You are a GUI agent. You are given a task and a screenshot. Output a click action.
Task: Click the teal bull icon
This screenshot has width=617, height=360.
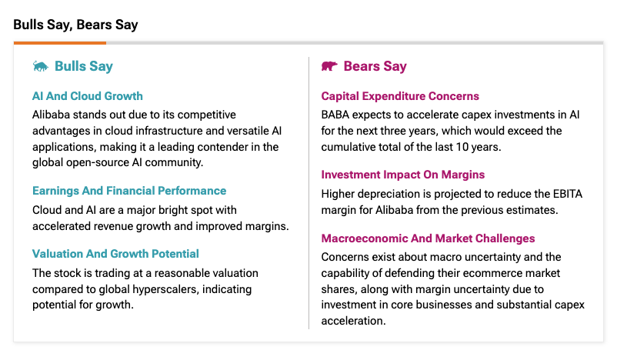[x=40, y=66]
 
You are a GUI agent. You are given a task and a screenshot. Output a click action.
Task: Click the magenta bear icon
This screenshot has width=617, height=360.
[x=329, y=66]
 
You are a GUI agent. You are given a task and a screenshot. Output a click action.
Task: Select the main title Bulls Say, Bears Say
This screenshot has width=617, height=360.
[x=75, y=25]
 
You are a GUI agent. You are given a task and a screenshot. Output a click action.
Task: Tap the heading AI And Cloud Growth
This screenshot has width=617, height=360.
[x=88, y=96]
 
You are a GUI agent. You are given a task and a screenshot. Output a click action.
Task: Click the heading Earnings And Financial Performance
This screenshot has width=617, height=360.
[x=129, y=191]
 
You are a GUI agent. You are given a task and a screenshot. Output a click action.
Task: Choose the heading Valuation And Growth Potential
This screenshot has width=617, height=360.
[x=115, y=254]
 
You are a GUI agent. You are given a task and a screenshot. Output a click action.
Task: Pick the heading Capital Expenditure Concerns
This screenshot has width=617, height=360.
[x=400, y=96]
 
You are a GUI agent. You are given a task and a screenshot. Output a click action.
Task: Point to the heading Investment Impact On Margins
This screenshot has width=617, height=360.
[x=402, y=175]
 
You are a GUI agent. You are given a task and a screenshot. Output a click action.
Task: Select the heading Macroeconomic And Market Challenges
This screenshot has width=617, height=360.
[x=428, y=238]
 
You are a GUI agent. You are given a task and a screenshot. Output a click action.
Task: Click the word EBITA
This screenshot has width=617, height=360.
[x=568, y=194]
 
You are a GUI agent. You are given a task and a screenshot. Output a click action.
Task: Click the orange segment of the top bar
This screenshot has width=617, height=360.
[x=60, y=42]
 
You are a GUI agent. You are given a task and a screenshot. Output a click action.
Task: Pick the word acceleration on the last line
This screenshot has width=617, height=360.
[x=352, y=321]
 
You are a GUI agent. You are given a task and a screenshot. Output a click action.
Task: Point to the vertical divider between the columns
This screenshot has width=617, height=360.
[x=309, y=193]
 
